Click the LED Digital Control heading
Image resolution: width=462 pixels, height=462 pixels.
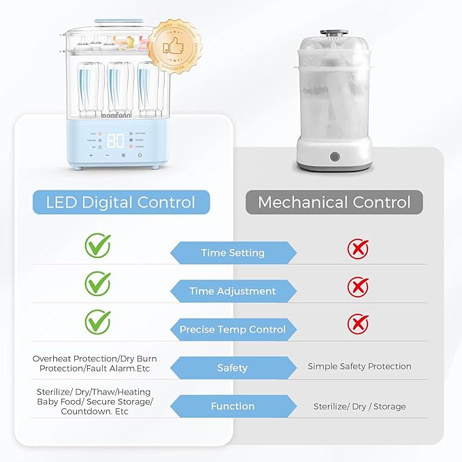[x=120, y=202]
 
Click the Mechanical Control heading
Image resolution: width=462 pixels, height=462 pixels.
[x=334, y=202]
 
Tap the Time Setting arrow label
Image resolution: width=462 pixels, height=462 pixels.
[x=233, y=253]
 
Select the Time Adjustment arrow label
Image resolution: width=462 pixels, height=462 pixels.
[x=233, y=291]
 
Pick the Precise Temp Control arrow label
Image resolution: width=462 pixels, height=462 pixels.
[x=233, y=329]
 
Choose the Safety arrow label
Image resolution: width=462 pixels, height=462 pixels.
[x=233, y=368]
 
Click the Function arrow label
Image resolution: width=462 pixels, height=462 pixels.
[x=233, y=406]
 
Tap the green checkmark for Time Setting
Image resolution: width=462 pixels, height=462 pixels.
[x=97, y=246]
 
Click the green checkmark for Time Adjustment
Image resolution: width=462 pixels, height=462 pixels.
[x=97, y=282]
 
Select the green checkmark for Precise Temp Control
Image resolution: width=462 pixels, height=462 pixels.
[x=97, y=320]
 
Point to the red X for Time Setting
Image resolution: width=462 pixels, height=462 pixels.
[x=358, y=249]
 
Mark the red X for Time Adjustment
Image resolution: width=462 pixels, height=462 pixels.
[x=358, y=286]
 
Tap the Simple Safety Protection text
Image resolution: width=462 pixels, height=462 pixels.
[x=359, y=366]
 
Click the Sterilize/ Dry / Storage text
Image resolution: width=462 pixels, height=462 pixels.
[x=359, y=406]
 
